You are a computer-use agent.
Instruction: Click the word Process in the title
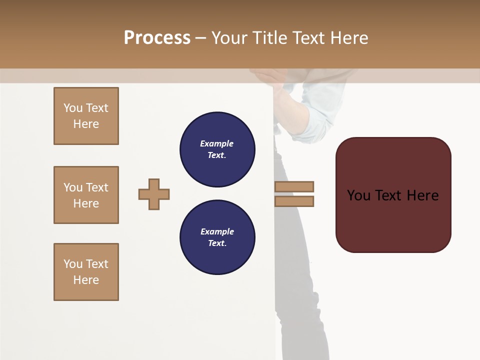157,38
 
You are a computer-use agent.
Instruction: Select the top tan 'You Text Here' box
86,116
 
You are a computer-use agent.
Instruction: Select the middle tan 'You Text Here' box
86,195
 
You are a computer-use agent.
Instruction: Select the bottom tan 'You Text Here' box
86,272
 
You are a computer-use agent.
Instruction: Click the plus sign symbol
154,194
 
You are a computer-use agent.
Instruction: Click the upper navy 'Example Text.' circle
217,149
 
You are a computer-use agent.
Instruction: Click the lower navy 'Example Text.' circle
217,237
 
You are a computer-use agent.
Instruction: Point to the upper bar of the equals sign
294,187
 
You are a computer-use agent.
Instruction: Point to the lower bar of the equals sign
294,201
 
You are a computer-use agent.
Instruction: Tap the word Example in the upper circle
216,143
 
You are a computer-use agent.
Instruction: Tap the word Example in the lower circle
217,231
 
